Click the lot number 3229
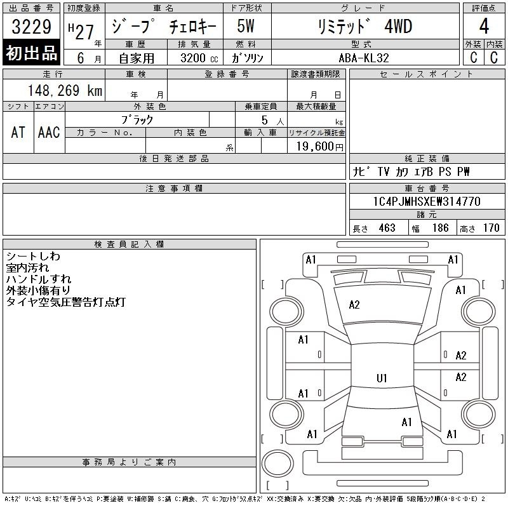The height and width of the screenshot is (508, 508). [31, 27]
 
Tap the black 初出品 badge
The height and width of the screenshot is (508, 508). [31, 53]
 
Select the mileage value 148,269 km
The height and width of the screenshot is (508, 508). [65, 90]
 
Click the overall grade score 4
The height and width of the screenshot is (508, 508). [484, 26]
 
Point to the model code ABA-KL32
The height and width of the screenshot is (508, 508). [363, 58]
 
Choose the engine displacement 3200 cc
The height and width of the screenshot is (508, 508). [199, 58]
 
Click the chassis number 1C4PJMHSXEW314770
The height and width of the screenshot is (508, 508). [427, 201]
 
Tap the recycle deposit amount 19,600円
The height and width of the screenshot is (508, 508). [319, 147]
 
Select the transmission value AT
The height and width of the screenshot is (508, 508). [18, 132]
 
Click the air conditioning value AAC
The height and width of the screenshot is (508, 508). [49, 132]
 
